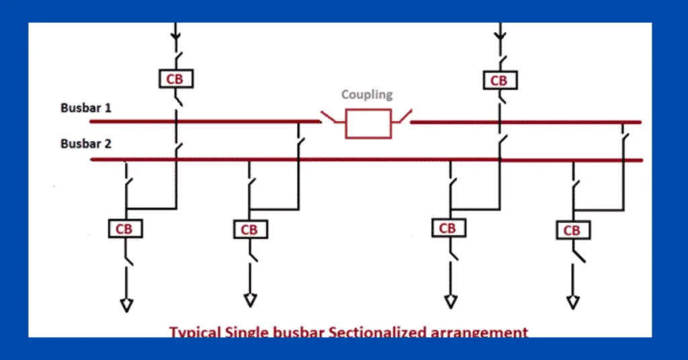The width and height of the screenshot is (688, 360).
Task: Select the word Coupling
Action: (367, 95)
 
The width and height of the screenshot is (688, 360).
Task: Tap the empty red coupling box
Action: (367, 124)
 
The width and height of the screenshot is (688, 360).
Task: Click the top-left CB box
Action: (175, 79)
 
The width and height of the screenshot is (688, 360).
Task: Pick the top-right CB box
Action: (499, 80)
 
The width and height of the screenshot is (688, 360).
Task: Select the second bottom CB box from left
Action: (249, 230)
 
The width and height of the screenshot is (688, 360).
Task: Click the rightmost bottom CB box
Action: (572, 230)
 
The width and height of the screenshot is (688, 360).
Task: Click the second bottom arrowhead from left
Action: (250, 300)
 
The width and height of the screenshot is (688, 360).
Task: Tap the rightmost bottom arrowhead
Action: (573, 302)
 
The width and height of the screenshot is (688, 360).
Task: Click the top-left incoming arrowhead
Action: (175, 33)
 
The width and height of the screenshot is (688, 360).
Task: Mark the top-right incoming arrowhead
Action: (499, 33)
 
